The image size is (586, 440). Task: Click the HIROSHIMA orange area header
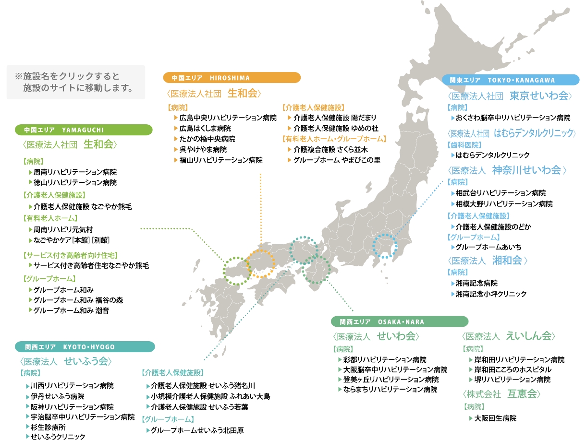click(232, 78)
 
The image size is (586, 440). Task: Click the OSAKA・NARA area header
click(399, 321)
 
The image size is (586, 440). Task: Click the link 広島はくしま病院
click(205, 129)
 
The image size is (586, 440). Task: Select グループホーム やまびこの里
click(337, 160)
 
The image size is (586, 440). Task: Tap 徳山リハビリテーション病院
click(75, 183)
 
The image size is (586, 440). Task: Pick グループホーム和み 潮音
click(71, 310)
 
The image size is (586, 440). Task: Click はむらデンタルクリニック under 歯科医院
click(492, 155)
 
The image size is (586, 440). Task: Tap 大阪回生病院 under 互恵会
click(495, 418)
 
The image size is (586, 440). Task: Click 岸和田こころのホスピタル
click(513, 369)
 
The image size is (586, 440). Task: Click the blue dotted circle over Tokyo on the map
click(385, 246)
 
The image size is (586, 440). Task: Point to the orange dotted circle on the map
click(261, 263)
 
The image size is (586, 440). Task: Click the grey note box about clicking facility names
click(75, 83)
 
